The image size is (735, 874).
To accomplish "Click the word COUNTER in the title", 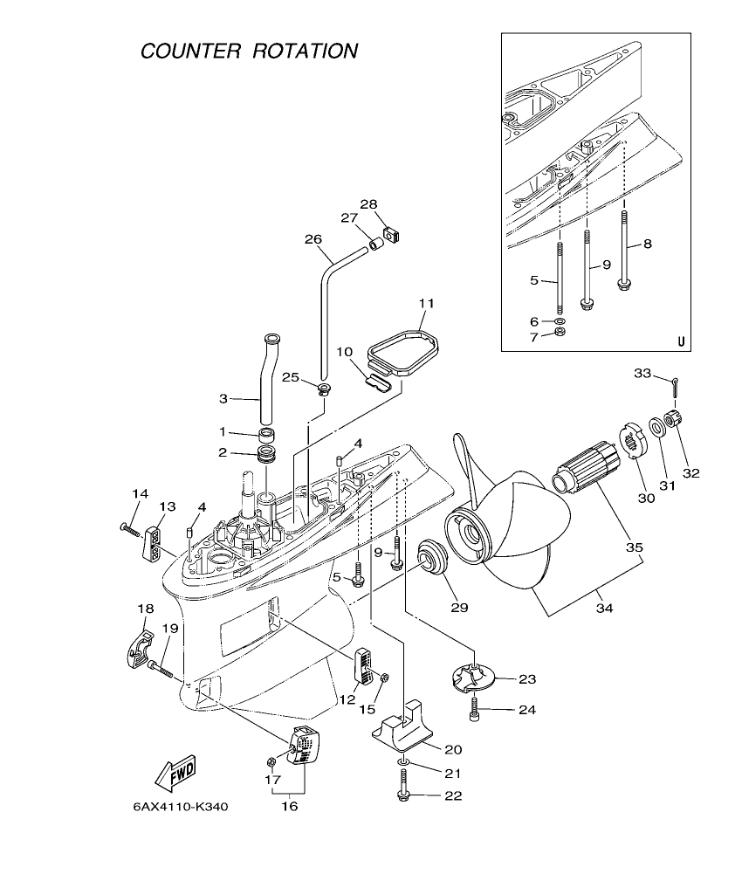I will pyautogui.click(x=191, y=51).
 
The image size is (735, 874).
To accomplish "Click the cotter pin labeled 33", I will pyautogui.click(x=676, y=382).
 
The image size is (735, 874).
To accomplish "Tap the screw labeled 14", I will pyautogui.click(x=131, y=527).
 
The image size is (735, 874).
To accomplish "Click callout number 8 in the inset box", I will pyautogui.click(x=647, y=245).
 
